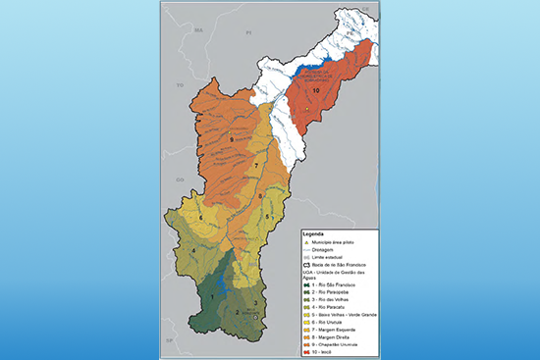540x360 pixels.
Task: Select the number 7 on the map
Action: click(256, 168)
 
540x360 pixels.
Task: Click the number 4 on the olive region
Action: click(192, 251)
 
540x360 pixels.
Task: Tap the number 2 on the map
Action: click(237, 313)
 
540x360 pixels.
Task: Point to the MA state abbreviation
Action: click(197, 30)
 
